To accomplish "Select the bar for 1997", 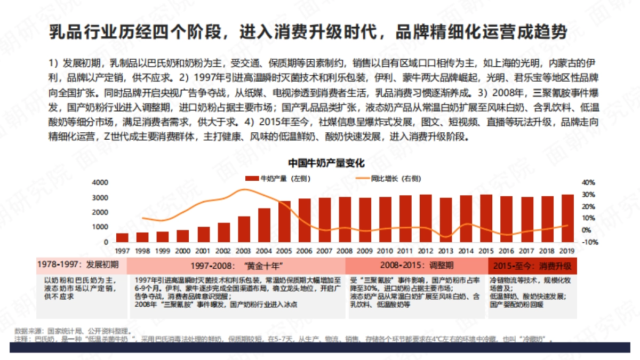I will [122, 237].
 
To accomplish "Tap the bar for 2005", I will [285, 221].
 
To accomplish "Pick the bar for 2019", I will [569, 218].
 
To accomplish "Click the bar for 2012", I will [426, 218].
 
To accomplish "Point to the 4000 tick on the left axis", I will [100, 182].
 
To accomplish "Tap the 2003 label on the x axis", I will [244, 251].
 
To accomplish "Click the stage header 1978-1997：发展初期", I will [78, 265].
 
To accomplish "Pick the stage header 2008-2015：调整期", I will [417, 265].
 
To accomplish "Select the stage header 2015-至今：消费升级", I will [533, 265].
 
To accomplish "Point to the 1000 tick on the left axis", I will [100, 227].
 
